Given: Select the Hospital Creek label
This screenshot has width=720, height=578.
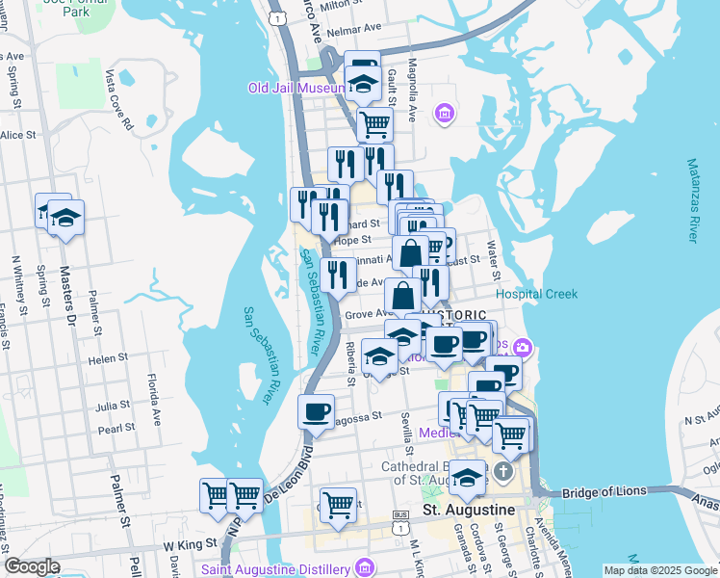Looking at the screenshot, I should coord(536,294).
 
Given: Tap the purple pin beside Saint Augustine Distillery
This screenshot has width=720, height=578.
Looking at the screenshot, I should coord(362,565).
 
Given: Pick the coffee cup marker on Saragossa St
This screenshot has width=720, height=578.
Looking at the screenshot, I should coord(316,412).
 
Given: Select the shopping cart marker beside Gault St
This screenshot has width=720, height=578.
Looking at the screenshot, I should coord(373,124).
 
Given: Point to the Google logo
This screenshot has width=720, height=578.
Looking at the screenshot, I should coord(33,566).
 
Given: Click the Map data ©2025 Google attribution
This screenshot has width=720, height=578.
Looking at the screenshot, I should coord(659,570).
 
